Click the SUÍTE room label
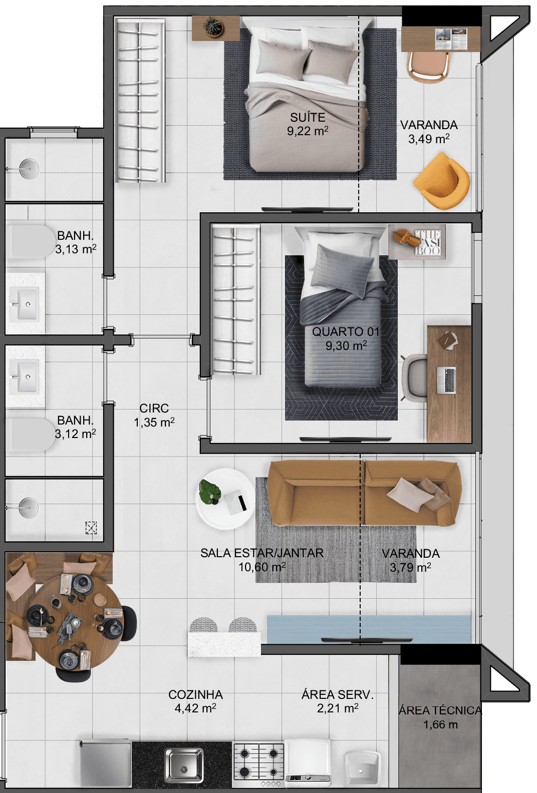(x=308, y=118)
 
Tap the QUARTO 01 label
(x=345, y=332)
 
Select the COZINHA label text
(x=195, y=694)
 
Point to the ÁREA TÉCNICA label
(x=440, y=710)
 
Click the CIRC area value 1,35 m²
(x=154, y=422)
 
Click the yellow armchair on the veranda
(x=441, y=181)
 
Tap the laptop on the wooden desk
(x=446, y=380)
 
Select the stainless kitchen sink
(x=183, y=764)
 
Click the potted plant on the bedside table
(x=213, y=26)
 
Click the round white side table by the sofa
(x=224, y=499)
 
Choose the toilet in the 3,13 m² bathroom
(x=29, y=241)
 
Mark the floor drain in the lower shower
(x=91, y=528)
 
